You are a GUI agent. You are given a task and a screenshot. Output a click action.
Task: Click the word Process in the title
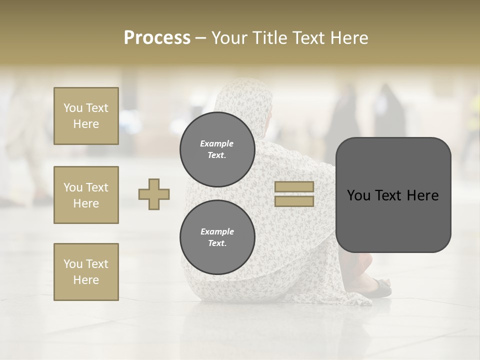(x=157, y=38)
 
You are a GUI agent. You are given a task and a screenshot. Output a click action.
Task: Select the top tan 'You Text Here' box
(x=86, y=116)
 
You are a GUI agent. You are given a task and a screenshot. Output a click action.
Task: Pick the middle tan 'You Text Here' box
(x=86, y=195)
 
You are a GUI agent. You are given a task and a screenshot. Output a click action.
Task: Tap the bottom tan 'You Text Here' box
(x=86, y=272)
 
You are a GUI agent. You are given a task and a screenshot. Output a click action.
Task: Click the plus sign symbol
(x=154, y=194)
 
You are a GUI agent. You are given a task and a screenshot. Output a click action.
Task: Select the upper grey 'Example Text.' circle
(x=217, y=149)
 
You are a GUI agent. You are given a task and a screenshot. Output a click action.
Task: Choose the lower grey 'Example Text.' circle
(x=217, y=237)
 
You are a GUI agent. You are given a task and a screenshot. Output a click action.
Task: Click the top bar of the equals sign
(x=294, y=186)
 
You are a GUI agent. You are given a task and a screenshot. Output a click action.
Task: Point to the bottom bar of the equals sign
(x=294, y=201)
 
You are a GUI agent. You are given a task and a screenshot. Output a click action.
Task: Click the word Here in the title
(x=347, y=38)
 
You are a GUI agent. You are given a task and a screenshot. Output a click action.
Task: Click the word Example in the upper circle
(x=217, y=143)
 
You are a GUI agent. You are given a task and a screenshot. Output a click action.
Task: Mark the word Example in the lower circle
(x=217, y=231)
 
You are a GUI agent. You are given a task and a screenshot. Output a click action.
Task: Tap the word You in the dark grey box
(x=358, y=195)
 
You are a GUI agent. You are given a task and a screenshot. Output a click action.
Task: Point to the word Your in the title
(x=229, y=38)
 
